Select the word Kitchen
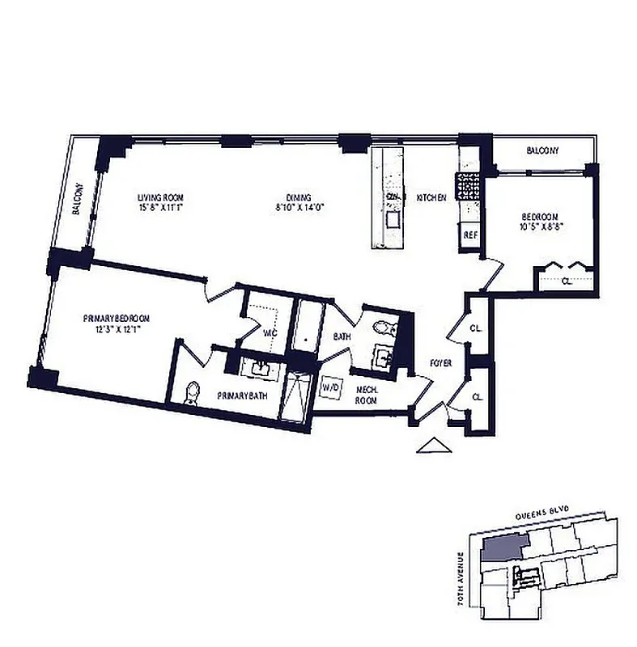pyautogui.click(x=431, y=197)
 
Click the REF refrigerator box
pyautogui.click(x=469, y=235)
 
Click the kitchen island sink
pyautogui.click(x=393, y=219)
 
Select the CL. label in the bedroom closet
pyautogui.click(x=566, y=281)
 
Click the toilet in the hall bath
pyautogui.click(x=384, y=328)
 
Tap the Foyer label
pyautogui.click(x=441, y=363)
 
